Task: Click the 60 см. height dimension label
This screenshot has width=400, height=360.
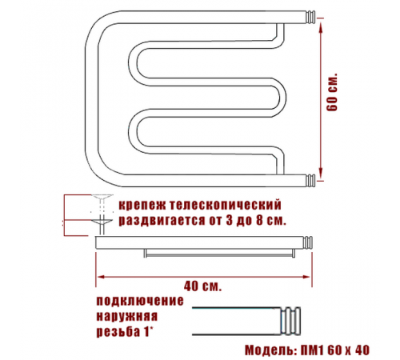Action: [332, 92]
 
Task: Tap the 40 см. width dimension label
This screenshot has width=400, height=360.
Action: [202, 286]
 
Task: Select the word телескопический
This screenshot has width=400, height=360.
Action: [226, 205]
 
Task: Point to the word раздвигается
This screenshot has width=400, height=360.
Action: [162, 221]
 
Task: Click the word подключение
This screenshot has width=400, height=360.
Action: [140, 301]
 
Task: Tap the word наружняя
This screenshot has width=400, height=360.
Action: [127, 316]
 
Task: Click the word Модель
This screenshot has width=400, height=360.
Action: [270, 350]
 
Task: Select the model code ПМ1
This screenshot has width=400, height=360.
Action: [312, 350]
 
